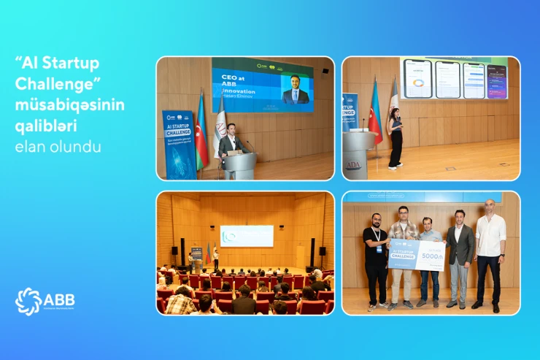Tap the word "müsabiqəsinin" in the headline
pos(70,105)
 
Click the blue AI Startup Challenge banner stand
pos(179,144)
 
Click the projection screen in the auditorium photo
pos(247,235)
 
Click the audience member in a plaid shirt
pos(180,302)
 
